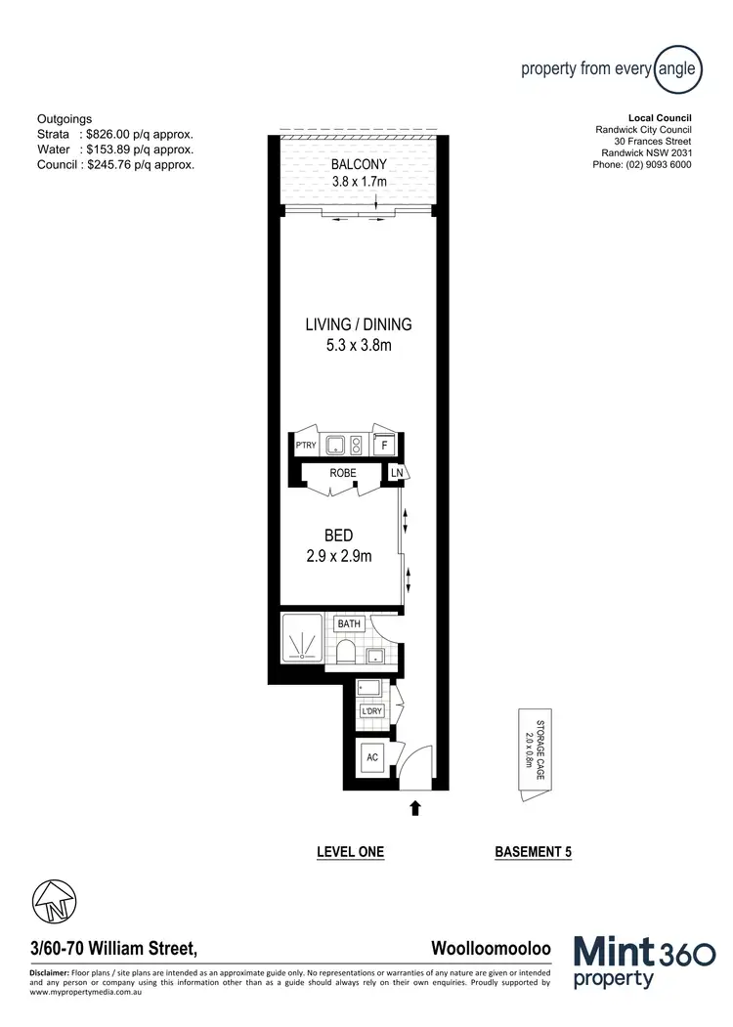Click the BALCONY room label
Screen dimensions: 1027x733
pyautogui.click(x=360, y=164)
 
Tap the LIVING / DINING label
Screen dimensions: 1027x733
pyautogui.click(x=359, y=325)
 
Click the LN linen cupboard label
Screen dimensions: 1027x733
pyautogui.click(x=397, y=474)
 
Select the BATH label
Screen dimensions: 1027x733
pyautogui.click(x=348, y=623)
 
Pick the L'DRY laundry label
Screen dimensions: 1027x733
pyautogui.click(x=371, y=711)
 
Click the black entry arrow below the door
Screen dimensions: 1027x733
pyautogui.click(x=415, y=807)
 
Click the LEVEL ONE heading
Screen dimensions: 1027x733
pyautogui.click(x=350, y=852)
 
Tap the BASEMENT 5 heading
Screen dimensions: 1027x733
pyautogui.click(x=533, y=852)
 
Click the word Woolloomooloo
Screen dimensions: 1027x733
pyautogui.click(x=491, y=948)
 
